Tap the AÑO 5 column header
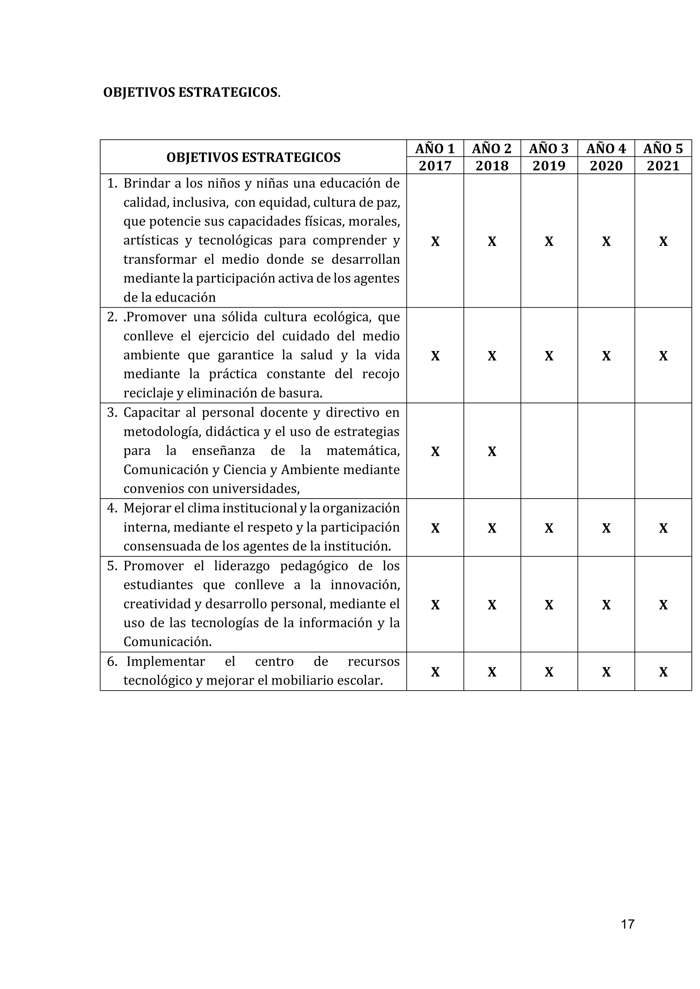[x=663, y=149]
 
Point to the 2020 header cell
[x=606, y=166]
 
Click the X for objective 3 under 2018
[x=492, y=451]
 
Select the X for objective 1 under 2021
[x=663, y=242]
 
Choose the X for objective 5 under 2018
[x=492, y=605]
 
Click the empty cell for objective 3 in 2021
[x=663, y=451]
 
